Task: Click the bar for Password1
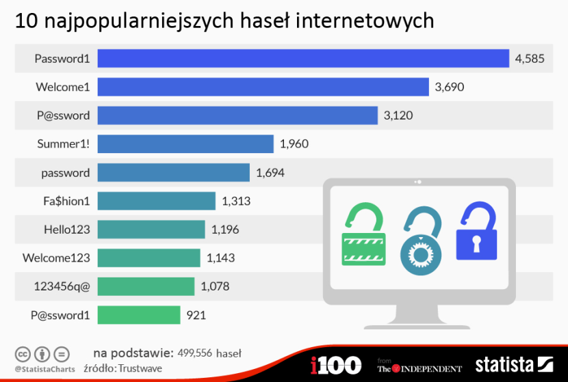303,59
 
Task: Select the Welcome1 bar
263,87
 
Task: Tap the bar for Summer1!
185,144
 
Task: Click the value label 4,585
530,59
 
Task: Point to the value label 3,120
398,115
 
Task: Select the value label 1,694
270,173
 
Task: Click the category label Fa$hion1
66,201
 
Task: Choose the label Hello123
66,230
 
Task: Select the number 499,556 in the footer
194,353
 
